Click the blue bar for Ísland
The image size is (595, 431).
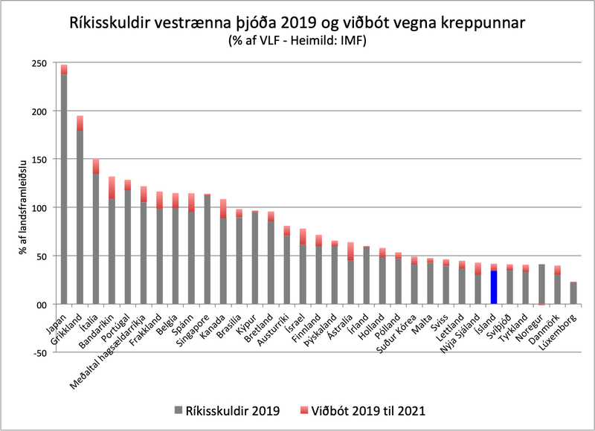coord(493,287)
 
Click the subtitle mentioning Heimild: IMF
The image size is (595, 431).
coord(299,42)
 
